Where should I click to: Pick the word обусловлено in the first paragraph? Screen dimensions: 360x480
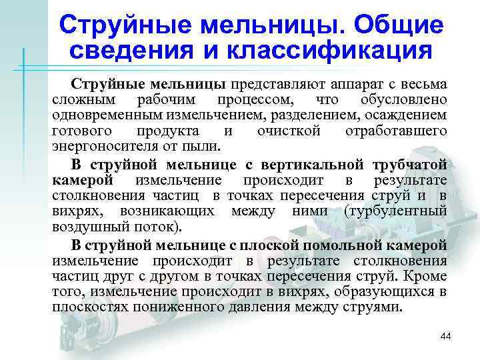click(x=403, y=101)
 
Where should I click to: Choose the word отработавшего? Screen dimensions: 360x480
click(x=396, y=131)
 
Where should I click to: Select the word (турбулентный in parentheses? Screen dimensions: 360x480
click(x=395, y=211)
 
